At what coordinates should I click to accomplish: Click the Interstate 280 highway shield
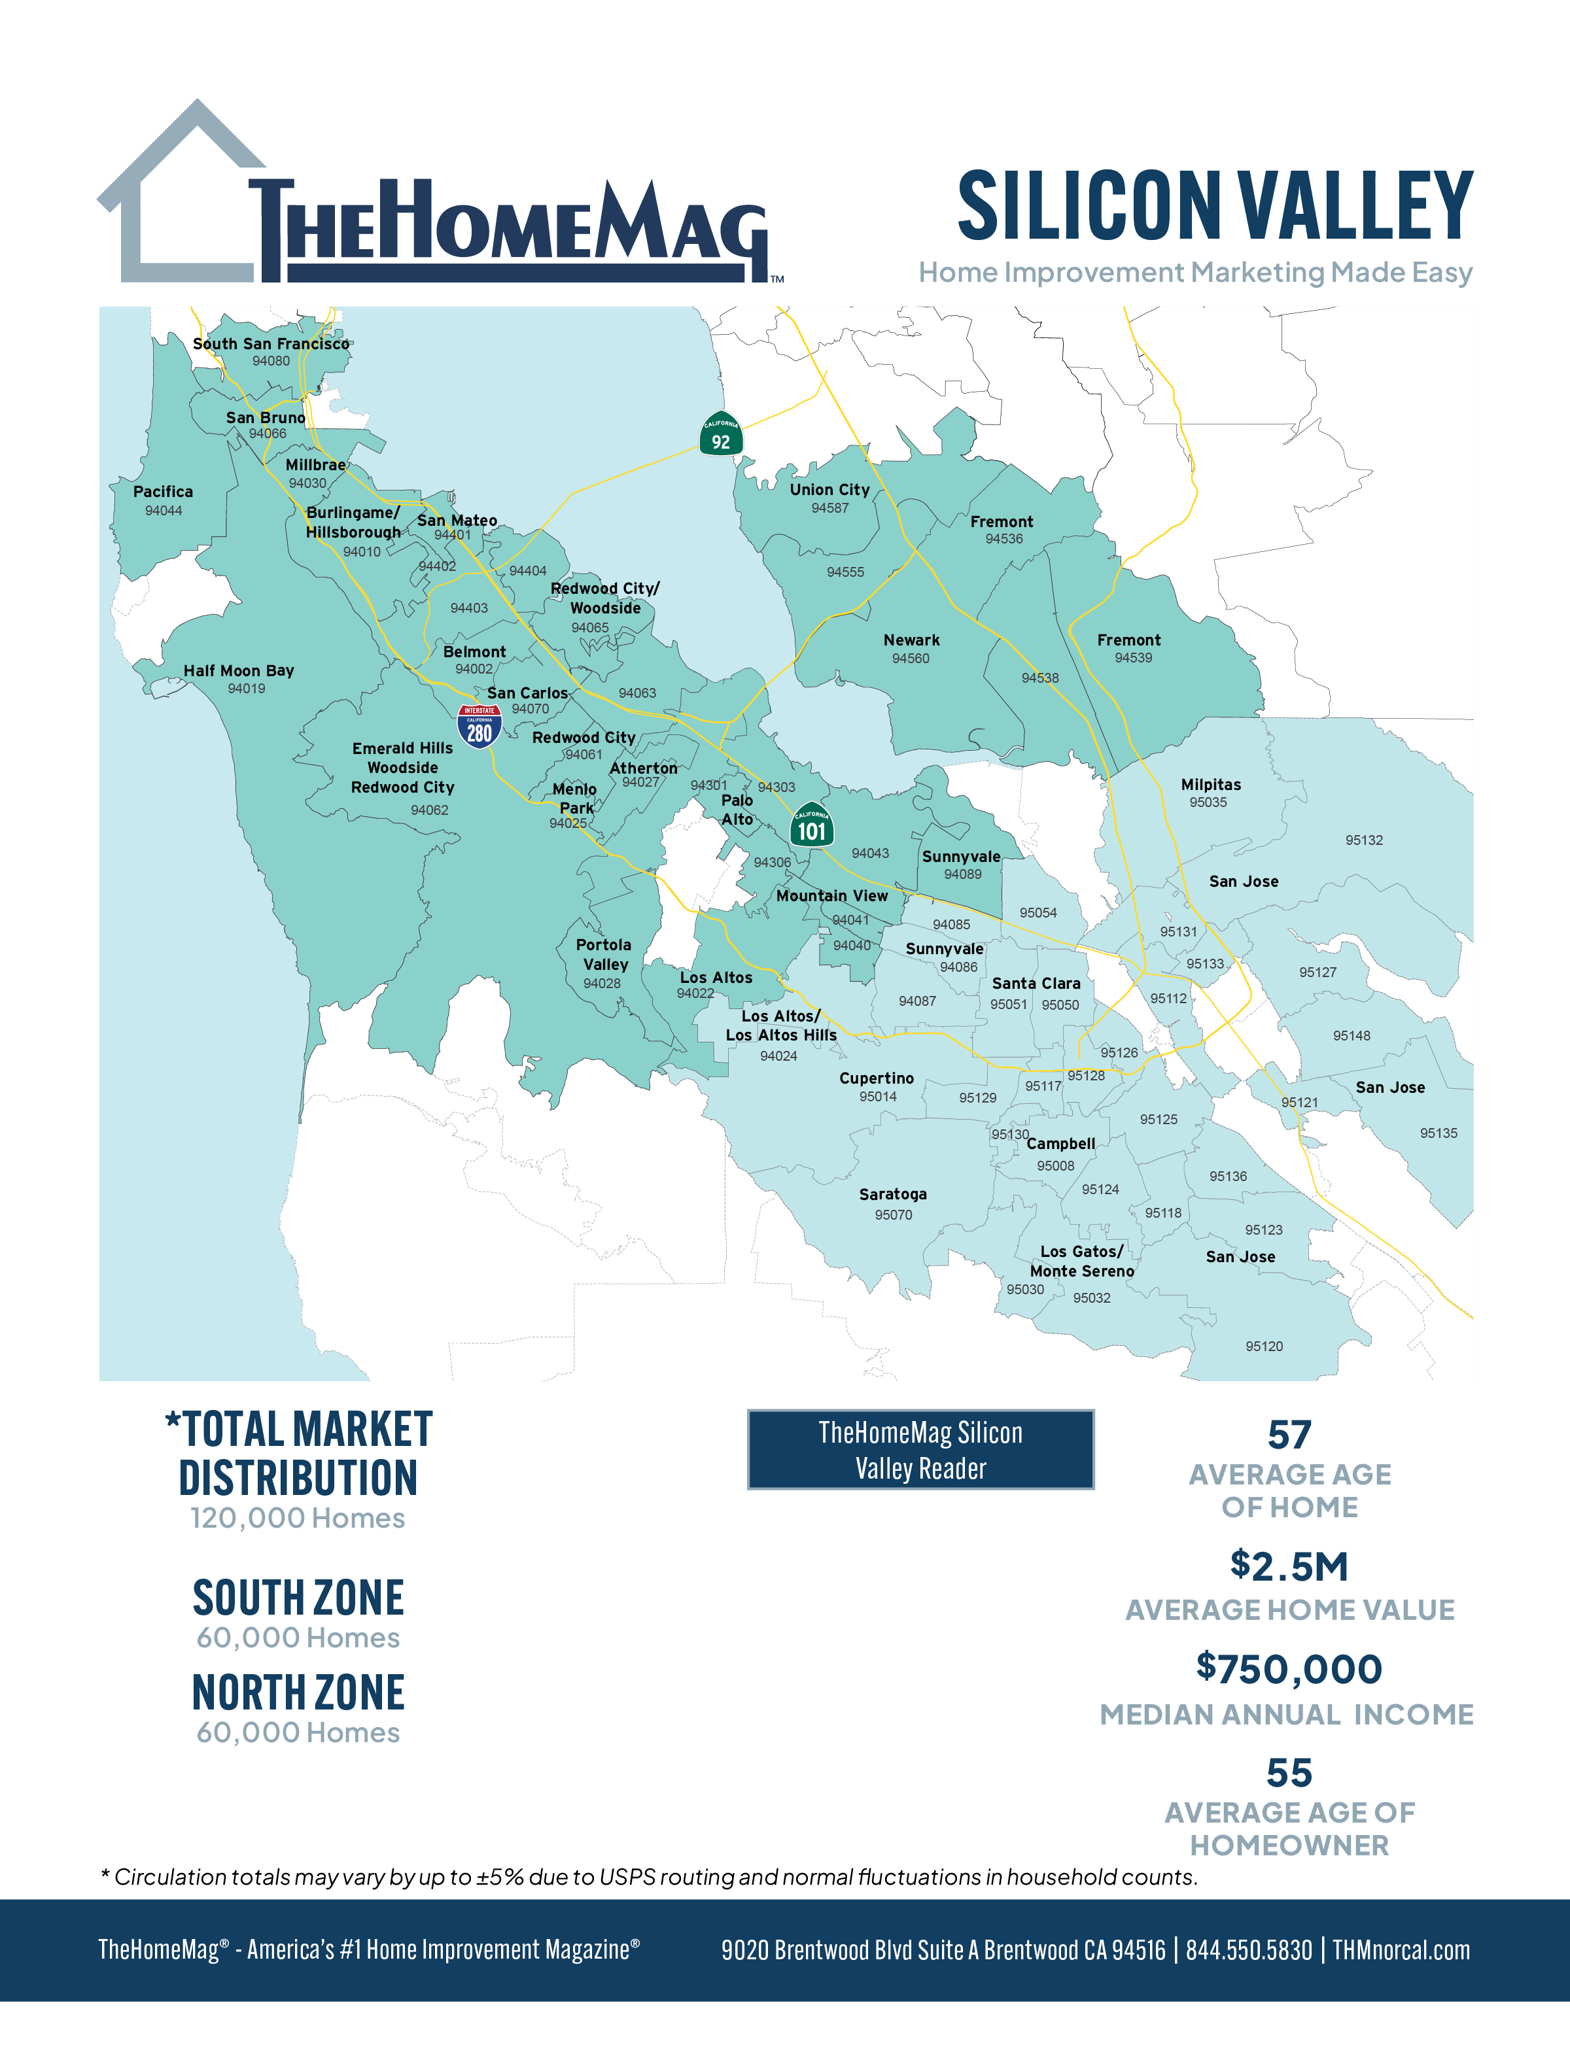pyautogui.click(x=480, y=726)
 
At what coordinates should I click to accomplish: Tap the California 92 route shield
pyautogui.click(x=720, y=434)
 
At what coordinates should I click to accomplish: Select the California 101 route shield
pyautogui.click(x=811, y=825)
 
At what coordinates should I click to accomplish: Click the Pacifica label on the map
pyautogui.click(x=163, y=491)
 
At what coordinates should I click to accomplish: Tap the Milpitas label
pyautogui.click(x=1210, y=785)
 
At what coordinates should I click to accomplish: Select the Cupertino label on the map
pyautogui.click(x=876, y=1078)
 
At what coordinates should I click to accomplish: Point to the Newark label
pyautogui.click(x=911, y=640)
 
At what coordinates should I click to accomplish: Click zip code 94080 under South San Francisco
pyautogui.click(x=271, y=360)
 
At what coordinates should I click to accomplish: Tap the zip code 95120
pyautogui.click(x=1263, y=1347)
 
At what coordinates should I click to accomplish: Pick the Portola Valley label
pyautogui.click(x=604, y=955)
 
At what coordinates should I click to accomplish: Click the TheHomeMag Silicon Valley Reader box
pyautogui.click(x=920, y=1449)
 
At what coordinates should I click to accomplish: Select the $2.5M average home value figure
pyautogui.click(x=1289, y=1567)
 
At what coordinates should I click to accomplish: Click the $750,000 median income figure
pyautogui.click(x=1289, y=1670)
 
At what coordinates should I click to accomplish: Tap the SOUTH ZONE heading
pyautogui.click(x=298, y=1598)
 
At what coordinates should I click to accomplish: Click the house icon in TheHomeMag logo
pyautogui.click(x=177, y=196)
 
